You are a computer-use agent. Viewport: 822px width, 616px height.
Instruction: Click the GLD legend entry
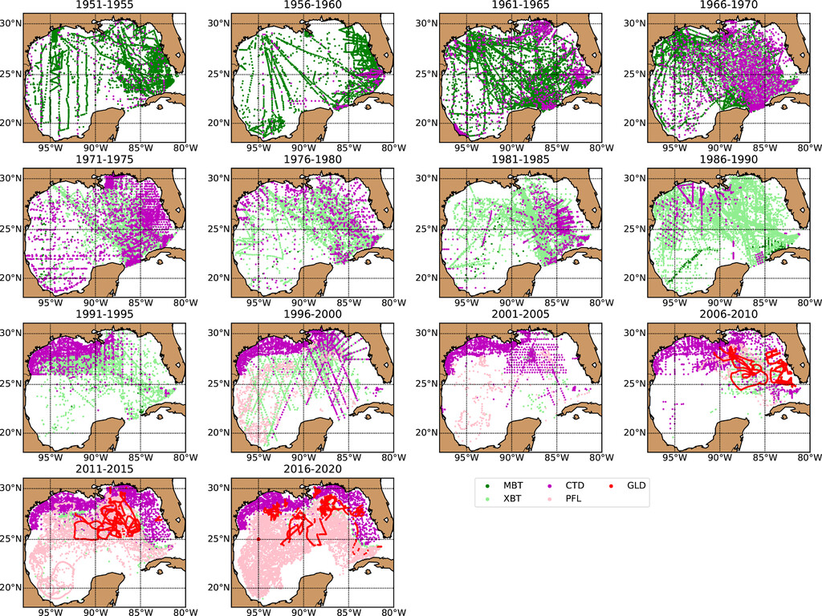pyautogui.click(x=637, y=486)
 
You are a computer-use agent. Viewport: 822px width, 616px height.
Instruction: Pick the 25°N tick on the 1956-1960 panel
pyautogui.click(x=219, y=74)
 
